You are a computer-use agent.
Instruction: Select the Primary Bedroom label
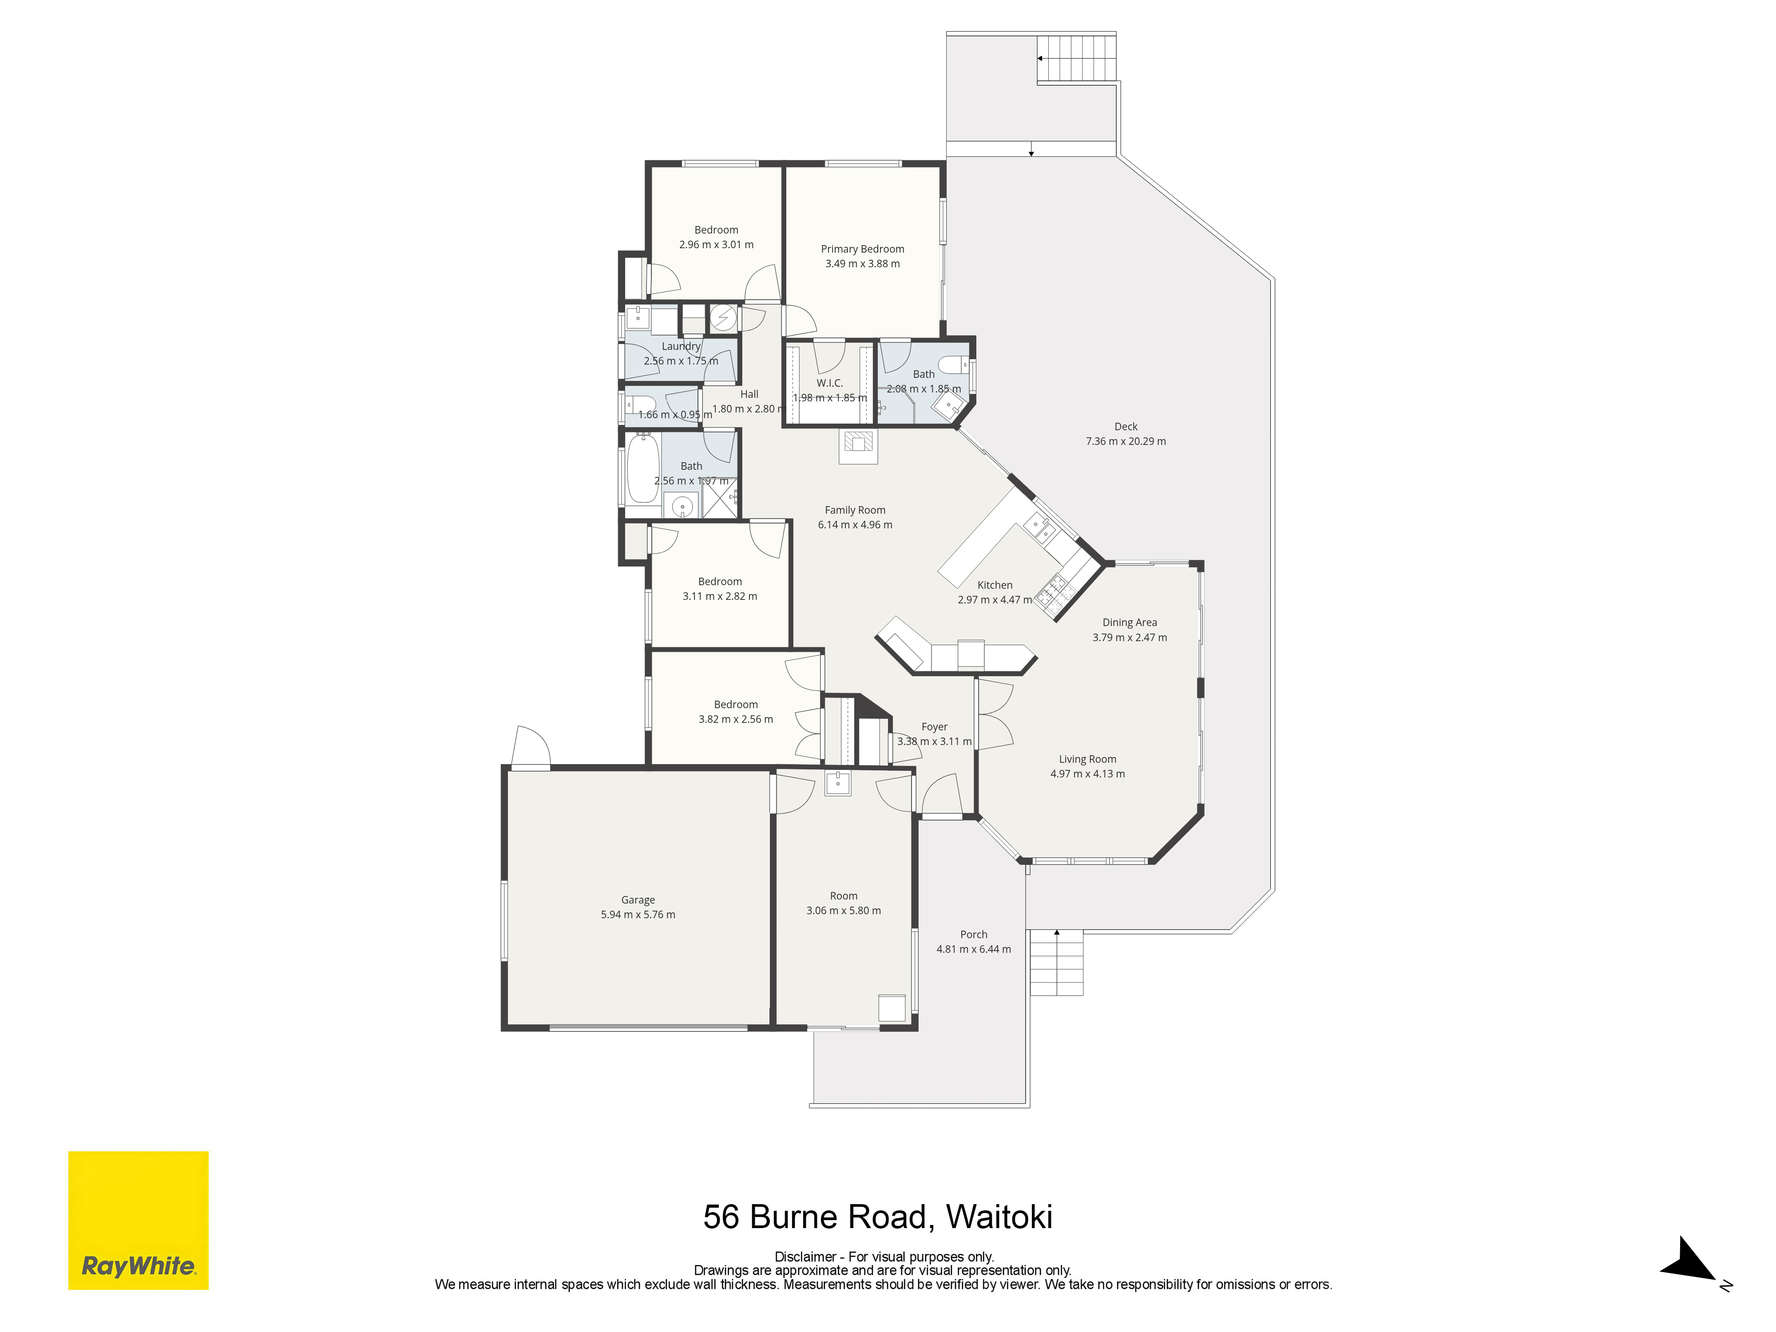click(862, 249)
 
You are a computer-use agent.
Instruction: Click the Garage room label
click(638, 900)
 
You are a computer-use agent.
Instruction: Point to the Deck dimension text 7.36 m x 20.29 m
click(1126, 441)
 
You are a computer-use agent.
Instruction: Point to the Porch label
click(974, 935)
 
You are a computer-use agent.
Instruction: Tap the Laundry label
click(681, 346)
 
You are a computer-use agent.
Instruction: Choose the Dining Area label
click(1130, 622)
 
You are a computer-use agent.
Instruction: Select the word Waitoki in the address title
click(999, 1217)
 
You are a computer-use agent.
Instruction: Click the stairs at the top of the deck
click(1077, 59)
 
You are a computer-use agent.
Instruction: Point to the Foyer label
click(935, 727)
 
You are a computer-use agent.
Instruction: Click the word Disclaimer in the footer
click(805, 1257)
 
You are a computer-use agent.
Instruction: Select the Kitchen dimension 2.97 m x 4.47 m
click(995, 600)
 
